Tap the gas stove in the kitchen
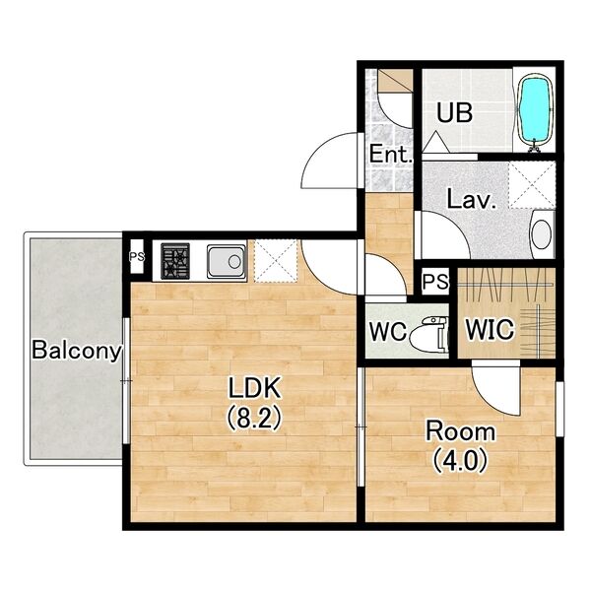pyautogui.click(x=175, y=261)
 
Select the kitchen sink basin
pyautogui.click(x=226, y=261)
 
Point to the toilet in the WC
pyautogui.click(x=429, y=335)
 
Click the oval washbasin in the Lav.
pyautogui.click(x=542, y=234)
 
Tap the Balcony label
pyautogui.click(x=77, y=350)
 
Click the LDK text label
pyautogui.click(x=254, y=388)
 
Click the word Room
pyautogui.click(x=460, y=431)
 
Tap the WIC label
pyautogui.click(x=490, y=329)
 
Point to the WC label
pyautogui.click(x=388, y=331)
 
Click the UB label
pyautogui.click(x=454, y=112)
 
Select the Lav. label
pyautogui.click(x=471, y=199)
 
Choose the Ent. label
pyautogui.click(x=390, y=154)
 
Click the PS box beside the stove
pyautogui.click(x=137, y=257)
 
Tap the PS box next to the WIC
pyautogui.click(x=435, y=282)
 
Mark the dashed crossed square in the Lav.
pyautogui.click(x=532, y=185)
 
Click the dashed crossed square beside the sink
pyautogui.click(x=276, y=261)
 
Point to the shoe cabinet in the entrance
pyautogui.click(x=395, y=80)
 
